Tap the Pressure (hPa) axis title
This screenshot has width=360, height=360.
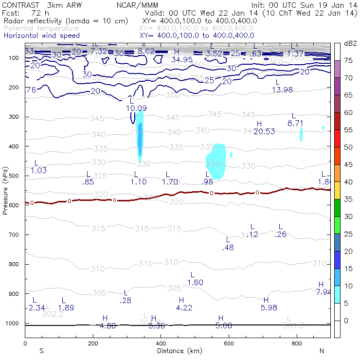[x=5, y=190]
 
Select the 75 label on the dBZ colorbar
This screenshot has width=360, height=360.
[x=349, y=60]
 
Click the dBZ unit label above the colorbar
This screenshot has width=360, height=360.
[x=350, y=44]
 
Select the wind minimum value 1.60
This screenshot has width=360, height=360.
[x=195, y=283]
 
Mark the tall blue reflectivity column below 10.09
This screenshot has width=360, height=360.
[x=140, y=139]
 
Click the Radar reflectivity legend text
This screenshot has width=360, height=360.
[x=66, y=21]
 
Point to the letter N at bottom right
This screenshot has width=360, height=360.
[x=322, y=350]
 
